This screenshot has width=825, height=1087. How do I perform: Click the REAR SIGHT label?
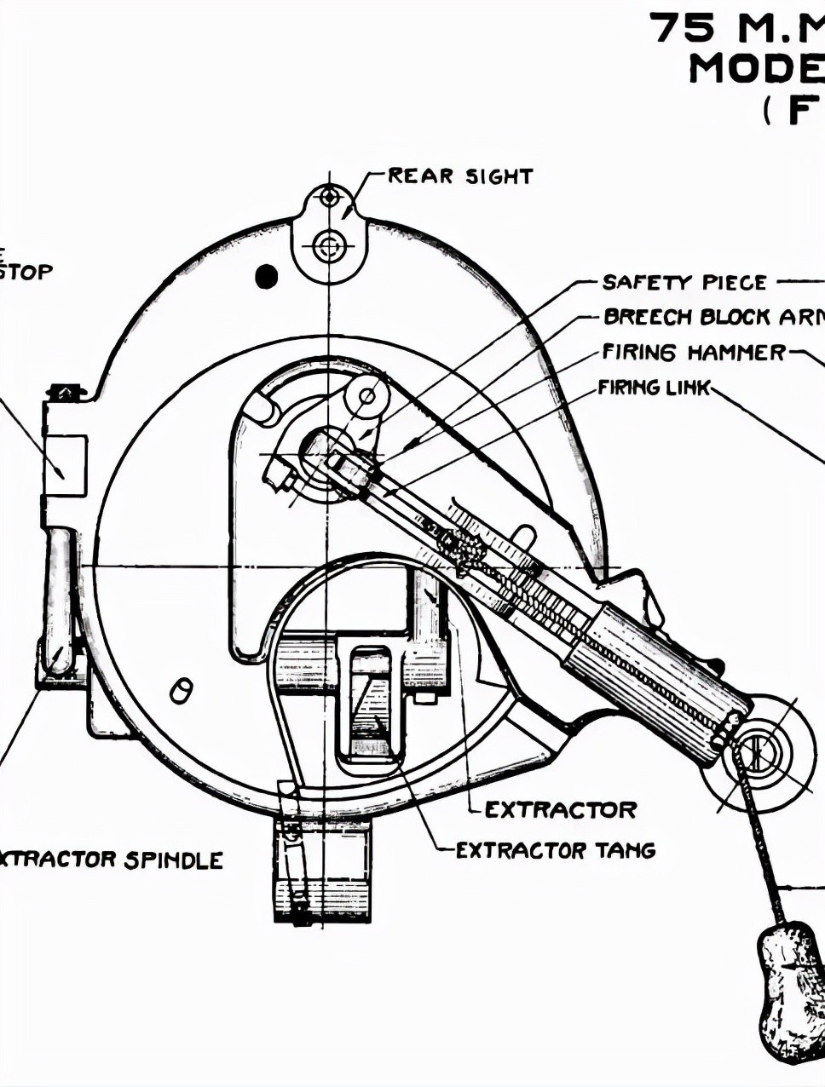click(x=460, y=176)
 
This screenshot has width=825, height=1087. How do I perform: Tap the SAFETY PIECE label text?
click(x=684, y=282)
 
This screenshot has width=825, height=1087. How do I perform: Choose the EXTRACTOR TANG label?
click(x=556, y=850)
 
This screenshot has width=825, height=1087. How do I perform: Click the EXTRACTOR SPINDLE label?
click(x=111, y=860)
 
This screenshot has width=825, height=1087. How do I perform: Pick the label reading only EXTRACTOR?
click(x=561, y=809)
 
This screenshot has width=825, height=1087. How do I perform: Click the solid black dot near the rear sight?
click(x=267, y=276)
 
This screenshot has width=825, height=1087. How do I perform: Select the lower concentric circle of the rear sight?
click(x=329, y=248)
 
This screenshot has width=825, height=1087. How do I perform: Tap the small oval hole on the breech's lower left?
click(x=181, y=690)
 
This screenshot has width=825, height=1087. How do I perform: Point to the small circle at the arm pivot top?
click(x=366, y=396)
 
